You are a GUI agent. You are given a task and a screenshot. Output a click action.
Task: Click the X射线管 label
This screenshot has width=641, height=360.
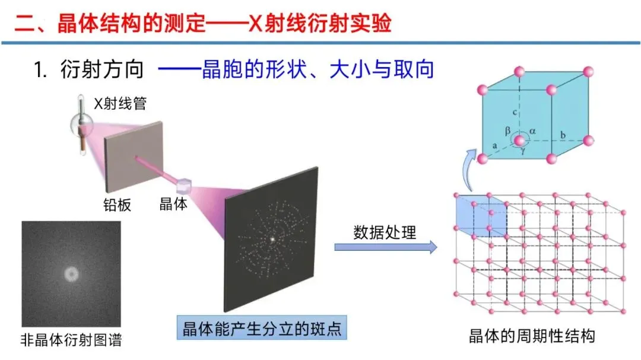[x=120, y=104]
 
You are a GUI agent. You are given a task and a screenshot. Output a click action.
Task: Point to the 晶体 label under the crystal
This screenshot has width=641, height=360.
[x=174, y=205]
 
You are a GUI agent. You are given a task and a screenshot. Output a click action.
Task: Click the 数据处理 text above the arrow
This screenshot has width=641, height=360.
[x=385, y=232]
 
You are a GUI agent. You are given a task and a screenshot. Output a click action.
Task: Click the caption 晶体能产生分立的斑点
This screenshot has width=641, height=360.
[x=262, y=328]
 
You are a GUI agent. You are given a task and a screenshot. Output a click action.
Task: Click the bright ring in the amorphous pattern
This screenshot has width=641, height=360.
[x=71, y=274]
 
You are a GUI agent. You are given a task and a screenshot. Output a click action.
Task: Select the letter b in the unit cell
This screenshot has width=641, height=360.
[x=563, y=135]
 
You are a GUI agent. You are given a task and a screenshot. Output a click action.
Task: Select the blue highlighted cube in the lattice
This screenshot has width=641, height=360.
[x=481, y=215]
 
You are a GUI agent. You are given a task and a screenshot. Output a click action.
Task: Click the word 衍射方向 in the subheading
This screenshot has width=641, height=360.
[x=102, y=70]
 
